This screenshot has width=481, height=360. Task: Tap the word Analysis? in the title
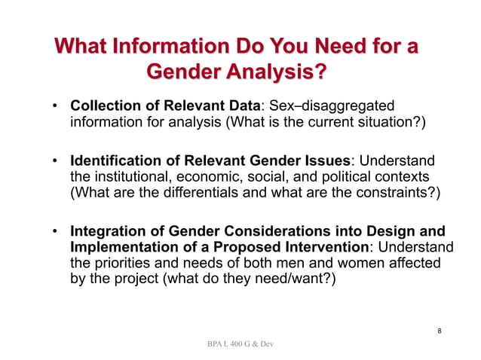[x=278, y=73]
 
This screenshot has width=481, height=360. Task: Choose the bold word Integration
[x=105, y=231]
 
